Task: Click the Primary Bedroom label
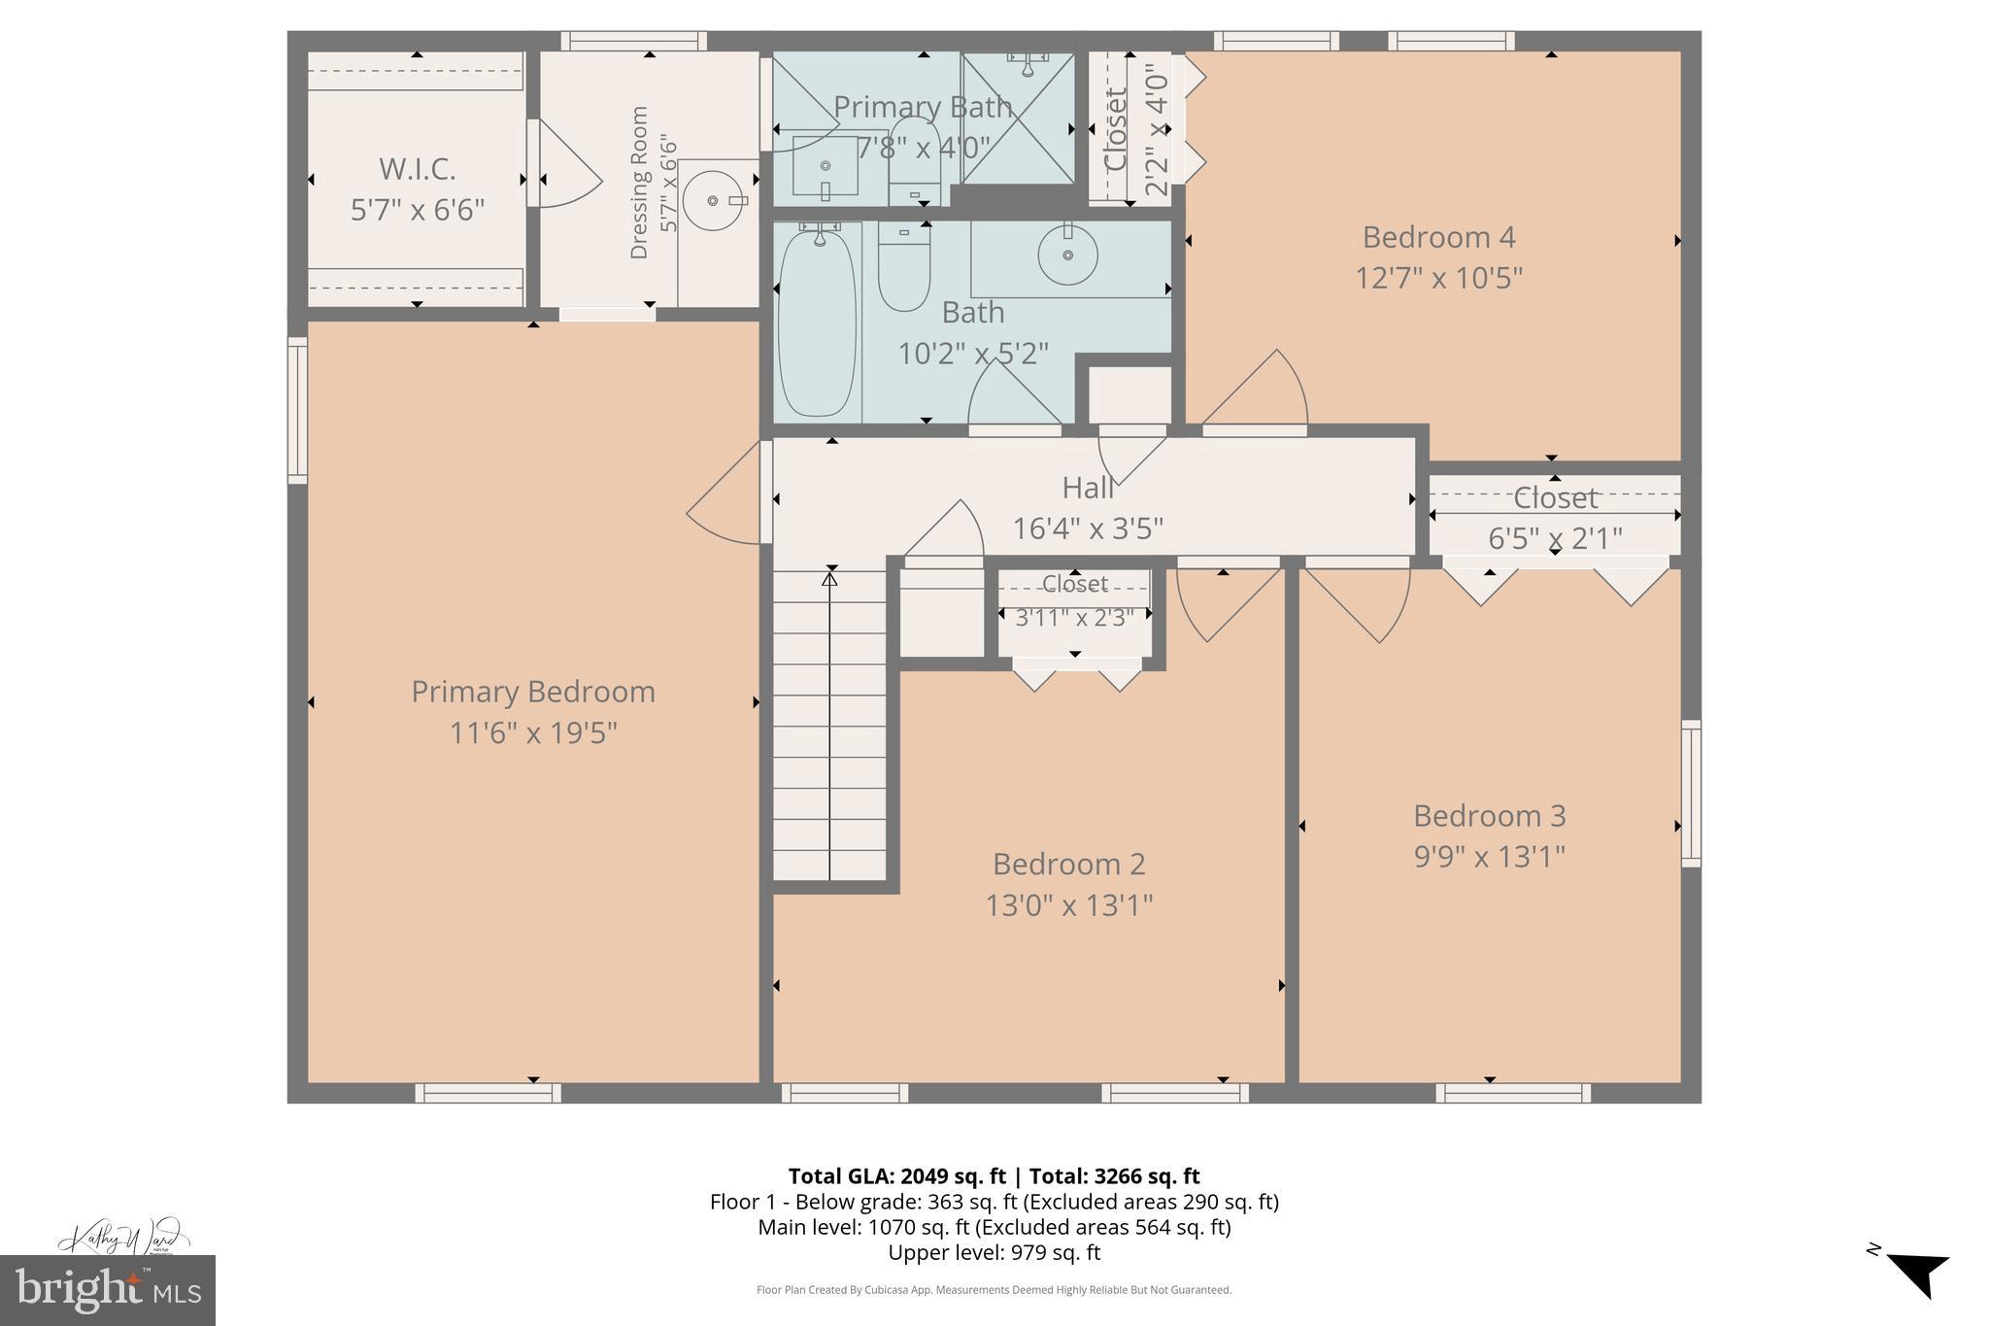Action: tap(533, 692)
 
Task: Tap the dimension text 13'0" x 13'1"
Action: tap(1068, 905)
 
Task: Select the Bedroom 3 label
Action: tap(1489, 815)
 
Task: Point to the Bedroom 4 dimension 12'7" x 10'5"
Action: tap(1438, 278)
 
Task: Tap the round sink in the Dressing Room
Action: tap(714, 200)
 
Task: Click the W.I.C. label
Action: tap(417, 169)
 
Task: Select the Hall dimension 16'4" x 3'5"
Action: tap(1088, 528)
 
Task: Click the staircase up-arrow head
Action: tap(829, 579)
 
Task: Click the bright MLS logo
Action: tap(107, 1290)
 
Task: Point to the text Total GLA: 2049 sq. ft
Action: tap(896, 1176)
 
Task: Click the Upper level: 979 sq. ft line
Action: tap(994, 1252)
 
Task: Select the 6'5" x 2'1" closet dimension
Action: tap(1555, 538)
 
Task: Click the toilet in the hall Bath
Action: tap(904, 266)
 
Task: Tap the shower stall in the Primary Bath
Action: tap(1018, 119)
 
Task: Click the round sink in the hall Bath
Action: tap(1067, 255)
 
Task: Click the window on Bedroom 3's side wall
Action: tap(1691, 793)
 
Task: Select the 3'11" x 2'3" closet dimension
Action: tap(1074, 618)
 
